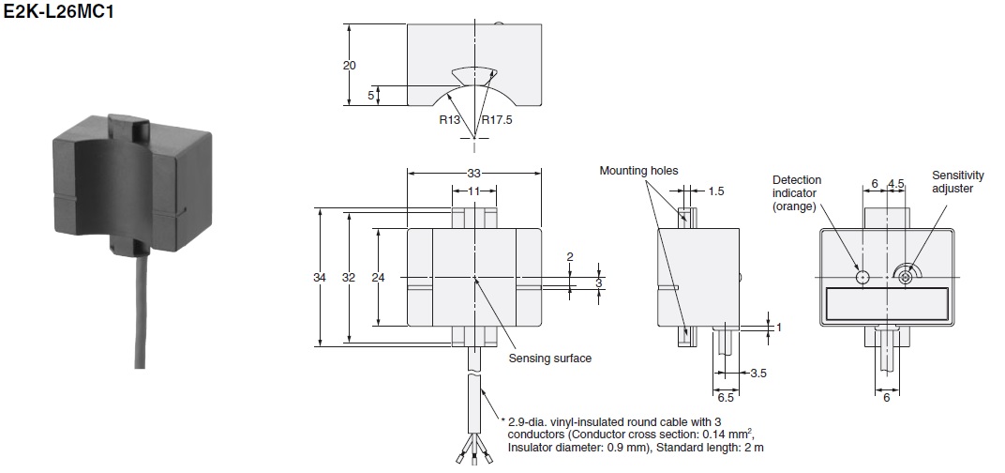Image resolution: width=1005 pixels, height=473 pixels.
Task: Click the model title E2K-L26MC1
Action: (x=58, y=11)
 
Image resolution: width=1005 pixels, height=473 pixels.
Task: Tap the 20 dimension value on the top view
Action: (x=350, y=66)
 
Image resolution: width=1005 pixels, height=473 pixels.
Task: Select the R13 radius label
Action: (x=449, y=119)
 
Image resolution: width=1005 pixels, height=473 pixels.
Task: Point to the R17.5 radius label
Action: (x=498, y=119)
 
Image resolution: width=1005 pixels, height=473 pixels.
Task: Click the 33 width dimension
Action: (x=473, y=174)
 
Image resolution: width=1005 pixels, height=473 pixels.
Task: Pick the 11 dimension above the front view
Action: (x=474, y=191)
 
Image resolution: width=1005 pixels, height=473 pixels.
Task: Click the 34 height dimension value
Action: (x=319, y=277)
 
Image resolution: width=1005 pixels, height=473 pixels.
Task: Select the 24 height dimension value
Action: (x=378, y=277)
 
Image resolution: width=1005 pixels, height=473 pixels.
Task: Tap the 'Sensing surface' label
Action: (x=550, y=359)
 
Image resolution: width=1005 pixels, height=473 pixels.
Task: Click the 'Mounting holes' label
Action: (x=638, y=171)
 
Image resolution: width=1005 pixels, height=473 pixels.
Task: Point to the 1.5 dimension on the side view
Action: (x=716, y=191)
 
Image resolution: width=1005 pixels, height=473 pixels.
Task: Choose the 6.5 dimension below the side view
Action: (x=726, y=398)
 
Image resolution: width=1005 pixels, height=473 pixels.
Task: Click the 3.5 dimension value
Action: (x=758, y=373)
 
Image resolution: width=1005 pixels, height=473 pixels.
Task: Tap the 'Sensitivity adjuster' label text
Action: (x=957, y=182)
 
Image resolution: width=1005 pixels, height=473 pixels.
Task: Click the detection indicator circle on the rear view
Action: (x=862, y=277)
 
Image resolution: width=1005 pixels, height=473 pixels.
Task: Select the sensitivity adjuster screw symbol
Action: (x=905, y=277)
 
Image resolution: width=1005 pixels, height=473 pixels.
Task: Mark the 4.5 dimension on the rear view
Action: (x=895, y=184)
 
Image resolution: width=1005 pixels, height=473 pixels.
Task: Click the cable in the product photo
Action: (x=140, y=308)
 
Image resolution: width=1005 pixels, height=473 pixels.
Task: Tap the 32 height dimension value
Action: (x=349, y=277)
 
